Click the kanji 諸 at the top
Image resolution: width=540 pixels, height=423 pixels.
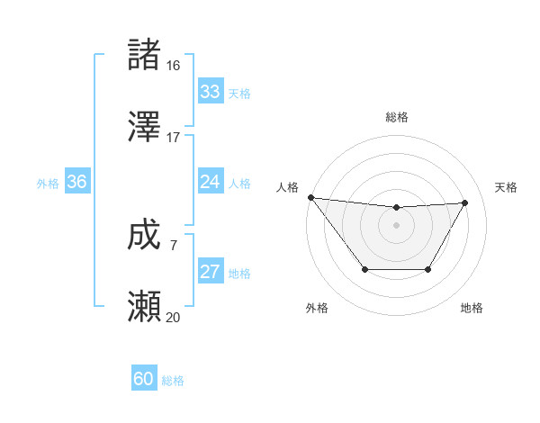144,54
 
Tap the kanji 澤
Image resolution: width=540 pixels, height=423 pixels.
144,127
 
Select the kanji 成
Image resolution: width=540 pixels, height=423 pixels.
144,236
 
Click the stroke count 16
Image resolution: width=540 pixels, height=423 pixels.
174,66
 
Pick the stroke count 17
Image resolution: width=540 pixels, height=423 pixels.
174,138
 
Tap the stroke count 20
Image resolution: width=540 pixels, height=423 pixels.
174,318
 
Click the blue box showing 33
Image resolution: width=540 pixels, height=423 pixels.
210,92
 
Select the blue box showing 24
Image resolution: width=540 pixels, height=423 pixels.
210,182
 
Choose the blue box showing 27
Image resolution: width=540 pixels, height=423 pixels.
210,273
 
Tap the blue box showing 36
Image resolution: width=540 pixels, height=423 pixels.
77,182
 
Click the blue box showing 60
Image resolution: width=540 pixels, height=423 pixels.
144,380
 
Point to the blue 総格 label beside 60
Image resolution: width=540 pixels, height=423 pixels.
173,381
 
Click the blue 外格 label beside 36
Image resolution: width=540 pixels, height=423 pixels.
48,183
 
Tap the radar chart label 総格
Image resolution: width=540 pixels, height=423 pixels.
397,117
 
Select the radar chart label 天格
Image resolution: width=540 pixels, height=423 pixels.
507,187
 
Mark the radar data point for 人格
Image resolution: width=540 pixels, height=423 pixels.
310,197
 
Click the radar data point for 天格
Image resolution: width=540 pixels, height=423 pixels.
465,202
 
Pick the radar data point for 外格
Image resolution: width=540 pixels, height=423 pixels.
364,269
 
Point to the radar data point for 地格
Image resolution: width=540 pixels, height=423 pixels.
428,269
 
